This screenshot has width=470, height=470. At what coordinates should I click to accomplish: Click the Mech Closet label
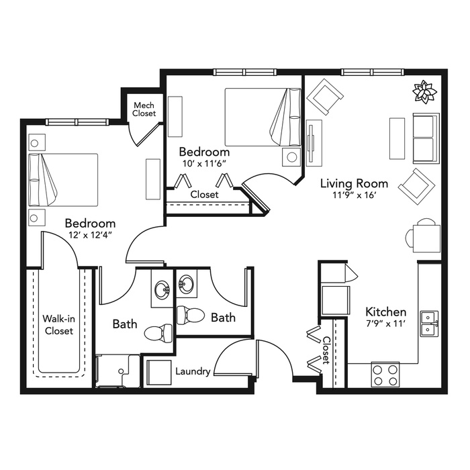tap(144, 109)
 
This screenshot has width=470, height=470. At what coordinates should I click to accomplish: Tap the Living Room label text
tap(354, 183)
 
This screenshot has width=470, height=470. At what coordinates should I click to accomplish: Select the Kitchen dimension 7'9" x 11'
tap(386, 324)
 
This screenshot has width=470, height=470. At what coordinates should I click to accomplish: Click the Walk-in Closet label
tap(59, 324)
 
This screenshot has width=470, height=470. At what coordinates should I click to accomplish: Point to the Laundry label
tap(193, 372)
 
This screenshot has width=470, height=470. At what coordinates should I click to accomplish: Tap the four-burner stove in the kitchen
tap(385, 375)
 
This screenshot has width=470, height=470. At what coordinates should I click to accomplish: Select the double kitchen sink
tap(429, 324)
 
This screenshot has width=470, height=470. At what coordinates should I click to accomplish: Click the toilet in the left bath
tap(158, 333)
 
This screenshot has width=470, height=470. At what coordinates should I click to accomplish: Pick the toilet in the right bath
tap(191, 316)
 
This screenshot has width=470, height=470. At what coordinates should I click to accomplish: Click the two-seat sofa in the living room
tap(426, 138)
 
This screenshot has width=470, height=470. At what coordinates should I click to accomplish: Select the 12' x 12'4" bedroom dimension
tap(90, 235)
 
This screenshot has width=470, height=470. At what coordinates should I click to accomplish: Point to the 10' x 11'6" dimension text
tap(204, 163)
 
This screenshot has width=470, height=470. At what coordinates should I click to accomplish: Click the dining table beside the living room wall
tap(427, 238)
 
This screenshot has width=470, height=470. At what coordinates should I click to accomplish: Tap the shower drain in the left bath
tap(121, 371)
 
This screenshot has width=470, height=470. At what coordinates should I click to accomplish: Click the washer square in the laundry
tap(159, 373)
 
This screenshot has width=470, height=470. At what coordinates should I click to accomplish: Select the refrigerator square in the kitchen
tap(336, 299)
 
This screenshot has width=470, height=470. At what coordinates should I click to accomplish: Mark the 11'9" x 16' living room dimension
tap(355, 195)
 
